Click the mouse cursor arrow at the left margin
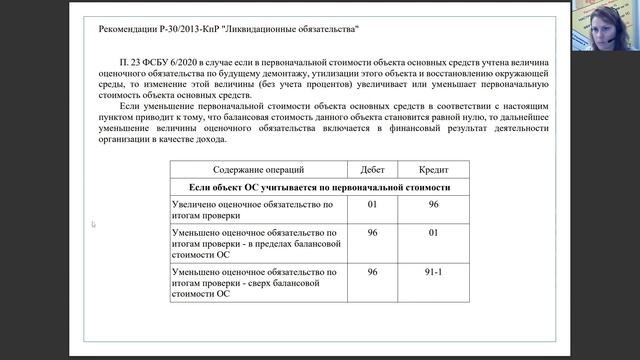point(93,224)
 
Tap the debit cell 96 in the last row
point(372,272)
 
